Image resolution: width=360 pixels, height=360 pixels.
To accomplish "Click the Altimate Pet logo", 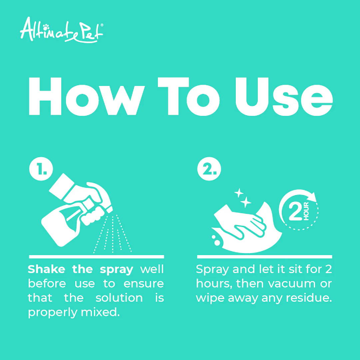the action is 62,30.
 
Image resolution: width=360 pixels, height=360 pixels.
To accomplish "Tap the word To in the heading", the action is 189,97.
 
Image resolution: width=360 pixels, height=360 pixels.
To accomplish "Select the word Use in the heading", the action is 284,97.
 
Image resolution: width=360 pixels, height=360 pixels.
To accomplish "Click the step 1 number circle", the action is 41,169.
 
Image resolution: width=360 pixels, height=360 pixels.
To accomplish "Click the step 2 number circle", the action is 209,169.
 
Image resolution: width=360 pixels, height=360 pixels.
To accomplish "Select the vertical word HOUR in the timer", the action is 306,211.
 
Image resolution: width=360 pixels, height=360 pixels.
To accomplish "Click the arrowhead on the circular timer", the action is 312,197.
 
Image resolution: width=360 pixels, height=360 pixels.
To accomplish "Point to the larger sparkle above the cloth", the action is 246,202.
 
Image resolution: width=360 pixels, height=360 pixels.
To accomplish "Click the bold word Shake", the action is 47,269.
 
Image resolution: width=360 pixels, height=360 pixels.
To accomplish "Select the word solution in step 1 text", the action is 119,298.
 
